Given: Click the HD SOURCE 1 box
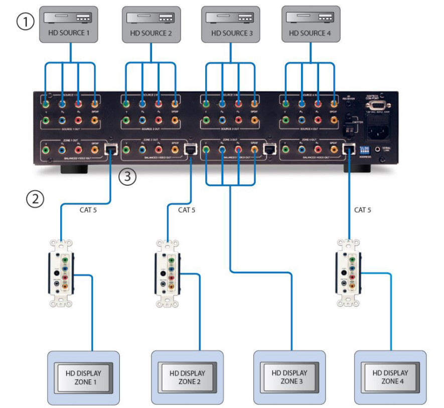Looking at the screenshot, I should tap(70, 24).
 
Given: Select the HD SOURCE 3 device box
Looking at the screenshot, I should tap(230, 24).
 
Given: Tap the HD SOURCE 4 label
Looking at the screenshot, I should tap(312, 33).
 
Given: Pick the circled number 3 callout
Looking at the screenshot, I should tap(127, 177).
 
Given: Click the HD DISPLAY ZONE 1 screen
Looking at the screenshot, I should tap(83, 377).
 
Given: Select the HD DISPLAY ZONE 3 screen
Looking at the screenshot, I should tap(289, 377).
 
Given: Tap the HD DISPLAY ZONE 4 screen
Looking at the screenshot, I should tap(390, 377).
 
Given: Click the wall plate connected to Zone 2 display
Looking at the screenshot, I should tap(167, 273).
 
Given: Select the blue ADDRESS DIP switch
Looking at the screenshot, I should tap(364, 149).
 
